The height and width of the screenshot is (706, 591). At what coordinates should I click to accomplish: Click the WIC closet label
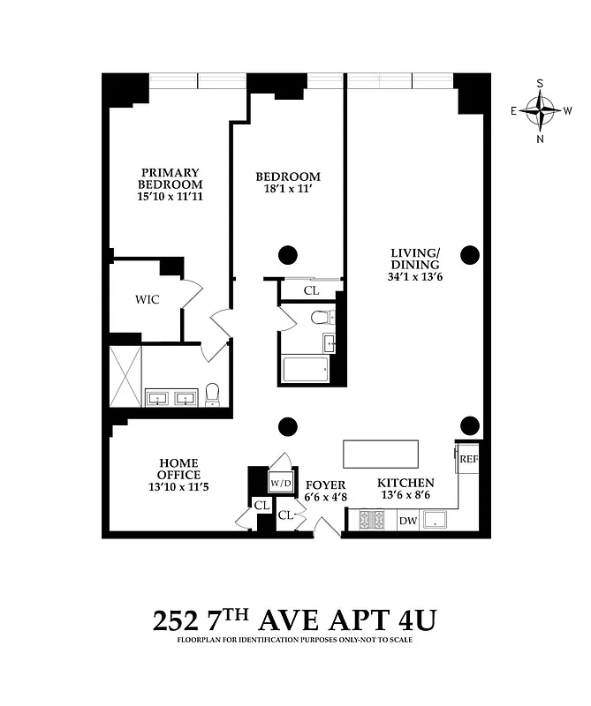(148, 299)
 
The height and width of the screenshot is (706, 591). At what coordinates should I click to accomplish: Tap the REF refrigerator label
(467, 459)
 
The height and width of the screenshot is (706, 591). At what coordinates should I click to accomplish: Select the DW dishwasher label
(407, 521)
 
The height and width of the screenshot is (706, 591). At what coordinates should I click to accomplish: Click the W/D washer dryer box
(281, 483)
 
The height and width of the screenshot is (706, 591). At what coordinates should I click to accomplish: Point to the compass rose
(540, 111)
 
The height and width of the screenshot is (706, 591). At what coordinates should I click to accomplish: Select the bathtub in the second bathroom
(306, 369)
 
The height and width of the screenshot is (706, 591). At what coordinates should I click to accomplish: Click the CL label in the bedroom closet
(312, 289)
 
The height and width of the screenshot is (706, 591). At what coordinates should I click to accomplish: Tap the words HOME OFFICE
(179, 469)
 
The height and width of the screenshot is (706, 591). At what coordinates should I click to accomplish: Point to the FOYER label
(325, 484)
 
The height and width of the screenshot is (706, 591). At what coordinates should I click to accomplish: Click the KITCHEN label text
(405, 483)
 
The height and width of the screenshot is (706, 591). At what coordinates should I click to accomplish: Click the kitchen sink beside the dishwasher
(436, 521)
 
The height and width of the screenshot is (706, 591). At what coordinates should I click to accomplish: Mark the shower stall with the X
(125, 375)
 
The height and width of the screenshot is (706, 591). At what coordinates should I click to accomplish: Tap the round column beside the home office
(287, 427)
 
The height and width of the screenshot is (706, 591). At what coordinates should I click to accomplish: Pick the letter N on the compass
(540, 139)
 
